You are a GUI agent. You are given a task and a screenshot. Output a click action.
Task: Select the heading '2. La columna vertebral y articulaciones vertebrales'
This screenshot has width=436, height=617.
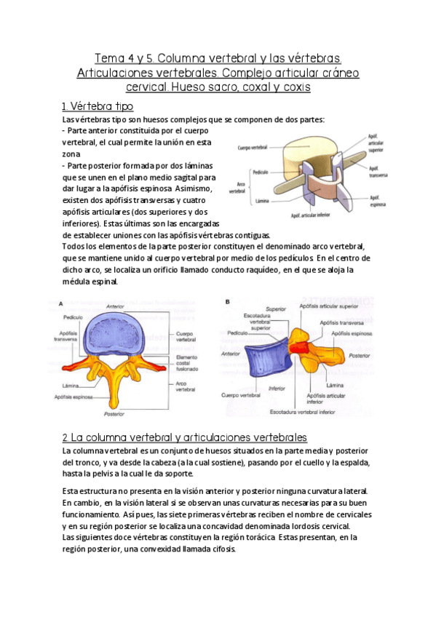point(185,437)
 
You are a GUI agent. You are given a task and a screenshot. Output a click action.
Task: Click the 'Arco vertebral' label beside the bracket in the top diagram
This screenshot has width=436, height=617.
point(237,188)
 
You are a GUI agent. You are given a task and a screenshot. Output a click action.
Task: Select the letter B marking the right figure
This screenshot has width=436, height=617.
point(228,301)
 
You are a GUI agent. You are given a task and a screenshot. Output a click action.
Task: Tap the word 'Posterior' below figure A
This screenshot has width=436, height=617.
point(114,414)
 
